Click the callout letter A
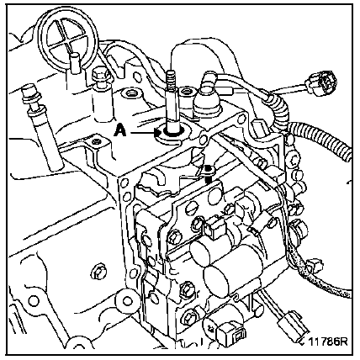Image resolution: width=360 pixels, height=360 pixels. (x=119, y=131)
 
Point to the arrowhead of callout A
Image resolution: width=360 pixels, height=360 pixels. (x=157, y=133)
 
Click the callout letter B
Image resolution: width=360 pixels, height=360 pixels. (x=209, y=169)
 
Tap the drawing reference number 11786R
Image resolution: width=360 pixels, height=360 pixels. (x=328, y=341)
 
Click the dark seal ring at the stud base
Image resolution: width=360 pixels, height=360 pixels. (x=172, y=132)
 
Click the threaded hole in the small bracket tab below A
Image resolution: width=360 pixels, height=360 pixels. (x=97, y=142)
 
